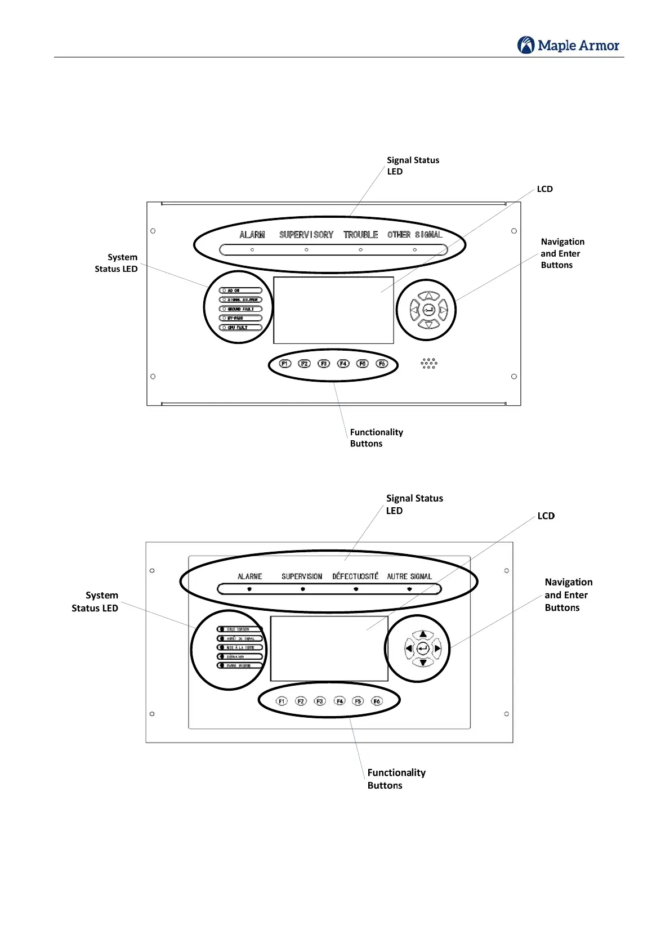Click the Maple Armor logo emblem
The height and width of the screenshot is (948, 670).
point(526,45)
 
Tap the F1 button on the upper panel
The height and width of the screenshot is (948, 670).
point(285,364)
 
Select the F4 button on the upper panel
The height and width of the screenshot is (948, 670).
point(343,364)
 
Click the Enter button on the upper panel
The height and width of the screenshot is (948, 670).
point(428,310)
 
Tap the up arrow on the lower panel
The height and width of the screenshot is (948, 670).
point(423,635)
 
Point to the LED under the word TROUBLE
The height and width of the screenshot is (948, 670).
point(360,249)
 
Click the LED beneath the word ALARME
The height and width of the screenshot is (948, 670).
point(249,589)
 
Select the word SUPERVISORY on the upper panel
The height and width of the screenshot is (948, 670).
point(306,235)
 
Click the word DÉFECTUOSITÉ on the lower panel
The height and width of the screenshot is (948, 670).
point(355,576)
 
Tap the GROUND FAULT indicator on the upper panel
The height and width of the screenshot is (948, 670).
point(240,309)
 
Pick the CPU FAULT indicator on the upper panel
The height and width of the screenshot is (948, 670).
point(240,327)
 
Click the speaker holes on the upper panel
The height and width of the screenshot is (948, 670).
point(428,364)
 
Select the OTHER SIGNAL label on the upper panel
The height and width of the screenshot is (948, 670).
point(414,235)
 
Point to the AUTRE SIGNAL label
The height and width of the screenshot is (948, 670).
point(409,576)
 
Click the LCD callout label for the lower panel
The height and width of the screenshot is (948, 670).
point(546,516)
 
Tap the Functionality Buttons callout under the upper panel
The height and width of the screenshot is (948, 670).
point(376,437)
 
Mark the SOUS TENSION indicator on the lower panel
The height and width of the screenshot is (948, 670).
point(240,629)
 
